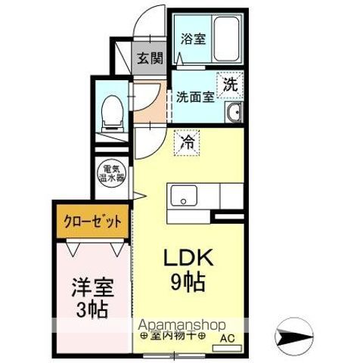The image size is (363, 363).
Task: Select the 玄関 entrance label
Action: click(x=150, y=59)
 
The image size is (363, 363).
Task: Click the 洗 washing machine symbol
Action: click(x=230, y=85)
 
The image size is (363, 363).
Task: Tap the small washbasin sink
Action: click(x=234, y=114)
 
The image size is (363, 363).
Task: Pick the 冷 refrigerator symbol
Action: click(x=186, y=141)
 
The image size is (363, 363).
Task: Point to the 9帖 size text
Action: click(x=186, y=285)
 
